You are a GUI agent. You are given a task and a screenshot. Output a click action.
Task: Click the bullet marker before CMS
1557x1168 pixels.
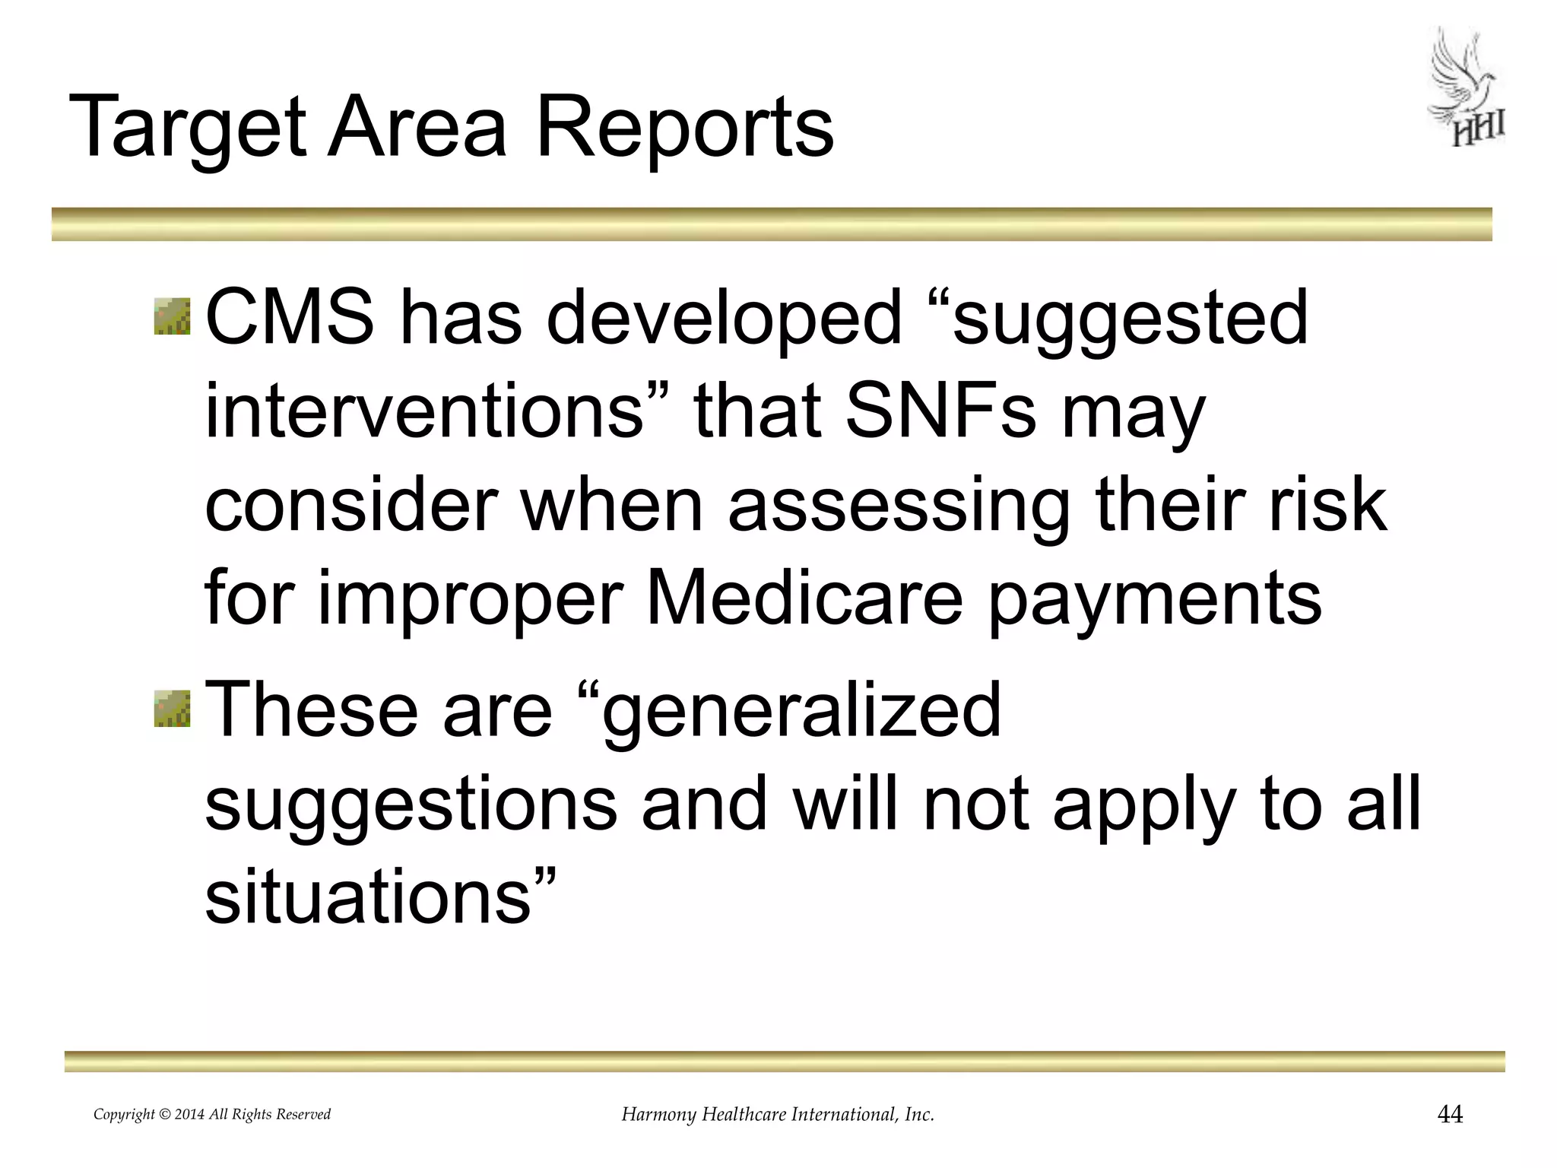pyautogui.click(x=172, y=316)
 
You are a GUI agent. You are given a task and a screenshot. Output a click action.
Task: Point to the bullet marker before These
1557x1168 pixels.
pyautogui.click(x=172, y=709)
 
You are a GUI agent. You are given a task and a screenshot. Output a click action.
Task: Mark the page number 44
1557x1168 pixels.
pyautogui.click(x=1450, y=1114)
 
